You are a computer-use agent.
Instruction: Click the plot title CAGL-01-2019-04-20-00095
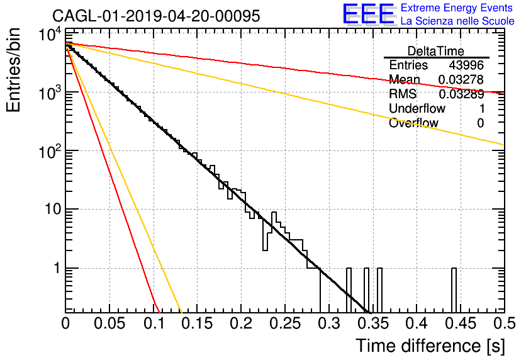[x=156, y=16]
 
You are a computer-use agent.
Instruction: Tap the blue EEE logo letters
[x=368, y=14]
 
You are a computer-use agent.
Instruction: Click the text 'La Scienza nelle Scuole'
[x=457, y=21]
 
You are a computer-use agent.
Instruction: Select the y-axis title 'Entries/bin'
[x=13, y=70]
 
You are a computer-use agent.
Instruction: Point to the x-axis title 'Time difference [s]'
[x=430, y=346]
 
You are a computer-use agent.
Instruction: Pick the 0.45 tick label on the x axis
[x=461, y=323]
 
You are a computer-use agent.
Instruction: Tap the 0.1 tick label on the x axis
[x=154, y=323]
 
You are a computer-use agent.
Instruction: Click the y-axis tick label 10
[x=53, y=209]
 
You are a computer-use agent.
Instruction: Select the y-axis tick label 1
[x=57, y=268]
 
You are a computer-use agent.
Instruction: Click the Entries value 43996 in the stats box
[x=466, y=65]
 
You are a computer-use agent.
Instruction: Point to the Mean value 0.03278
[x=461, y=79]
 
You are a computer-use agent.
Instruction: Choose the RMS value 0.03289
[x=461, y=94]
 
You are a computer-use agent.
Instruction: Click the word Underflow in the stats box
[x=417, y=108]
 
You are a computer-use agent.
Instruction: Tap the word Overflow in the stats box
[x=413, y=123]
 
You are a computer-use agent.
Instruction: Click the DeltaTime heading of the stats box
[x=436, y=51]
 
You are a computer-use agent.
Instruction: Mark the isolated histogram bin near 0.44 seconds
[x=454, y=290]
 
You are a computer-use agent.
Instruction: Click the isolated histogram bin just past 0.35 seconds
[x=379, y=290]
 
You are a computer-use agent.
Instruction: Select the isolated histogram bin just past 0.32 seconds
[x=349, y=290]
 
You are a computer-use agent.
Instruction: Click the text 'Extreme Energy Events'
[x=457, y=8]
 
